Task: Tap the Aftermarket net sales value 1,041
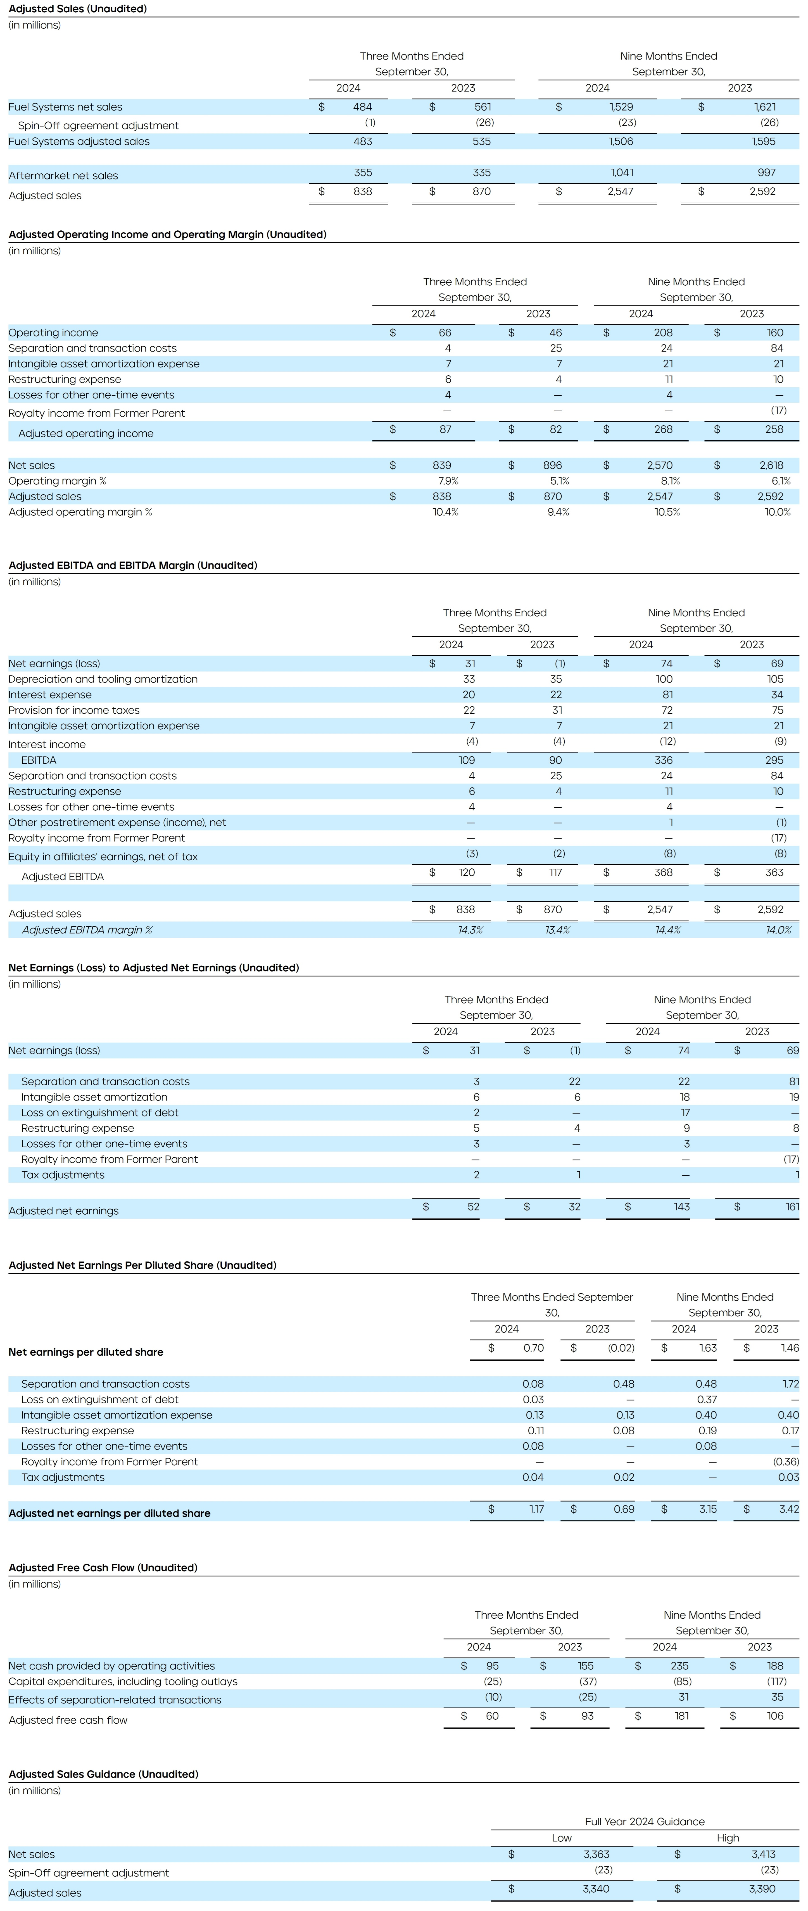[x=622, y=173]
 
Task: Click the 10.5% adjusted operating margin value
[x=667, y=512]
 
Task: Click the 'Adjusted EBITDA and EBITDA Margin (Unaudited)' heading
[x=133, y=565]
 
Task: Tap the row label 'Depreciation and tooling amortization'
[x=103, y=679]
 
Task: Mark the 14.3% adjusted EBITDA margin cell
[x=470, y=930]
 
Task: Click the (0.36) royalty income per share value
[x=786, y=1461]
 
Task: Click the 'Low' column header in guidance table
[x=562, y=1838]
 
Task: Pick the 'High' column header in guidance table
[x=728, y=1838]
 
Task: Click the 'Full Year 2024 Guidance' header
[x=645, y=1821]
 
